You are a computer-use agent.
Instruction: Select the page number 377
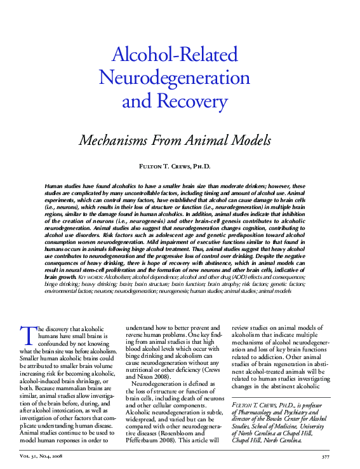[326, 456]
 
